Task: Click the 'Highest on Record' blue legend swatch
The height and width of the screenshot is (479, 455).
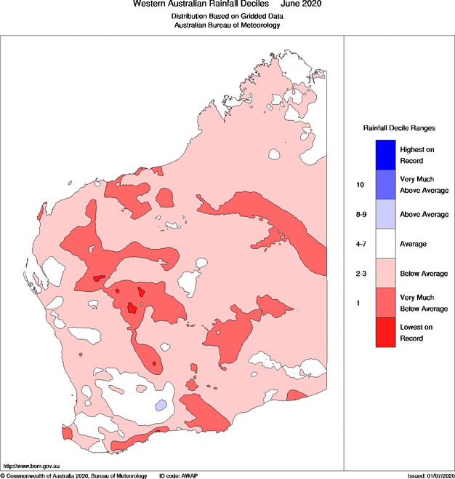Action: click(385, 154)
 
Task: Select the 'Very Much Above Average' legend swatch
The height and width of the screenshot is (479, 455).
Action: click(385, 184)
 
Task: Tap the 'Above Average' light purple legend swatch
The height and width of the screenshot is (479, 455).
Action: click(385, 214)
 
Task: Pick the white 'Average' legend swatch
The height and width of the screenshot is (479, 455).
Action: click(385, 244)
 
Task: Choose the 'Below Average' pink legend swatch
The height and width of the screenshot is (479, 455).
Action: click(385, 274)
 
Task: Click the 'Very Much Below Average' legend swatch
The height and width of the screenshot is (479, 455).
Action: click(385, 303)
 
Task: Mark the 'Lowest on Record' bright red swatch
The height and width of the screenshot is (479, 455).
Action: click(385, 333)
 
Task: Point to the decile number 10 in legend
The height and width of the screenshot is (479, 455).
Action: click(360, 185)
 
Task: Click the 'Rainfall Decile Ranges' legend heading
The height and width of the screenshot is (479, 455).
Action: click(399, 127)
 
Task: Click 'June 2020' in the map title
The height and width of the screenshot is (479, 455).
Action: click(301, 4)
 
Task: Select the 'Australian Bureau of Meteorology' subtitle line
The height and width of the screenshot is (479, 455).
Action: click(227, 25)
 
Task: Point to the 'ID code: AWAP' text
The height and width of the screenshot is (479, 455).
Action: click(178, 475)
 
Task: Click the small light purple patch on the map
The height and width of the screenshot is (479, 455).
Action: click(161, 404)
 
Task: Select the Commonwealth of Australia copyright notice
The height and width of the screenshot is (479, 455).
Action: click(74, 475)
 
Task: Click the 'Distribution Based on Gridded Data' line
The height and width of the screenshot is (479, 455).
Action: click(227, 15)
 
